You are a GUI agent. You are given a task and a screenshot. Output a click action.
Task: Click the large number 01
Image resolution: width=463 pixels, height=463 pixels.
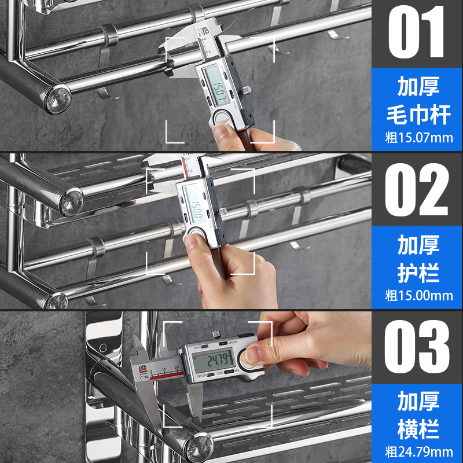click(x=417, y=34)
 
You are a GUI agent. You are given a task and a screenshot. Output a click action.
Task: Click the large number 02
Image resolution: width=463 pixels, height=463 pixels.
click(x=417, y=190)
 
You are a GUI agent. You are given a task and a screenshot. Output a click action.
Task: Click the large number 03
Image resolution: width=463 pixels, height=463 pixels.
click(x=417, y=346)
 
